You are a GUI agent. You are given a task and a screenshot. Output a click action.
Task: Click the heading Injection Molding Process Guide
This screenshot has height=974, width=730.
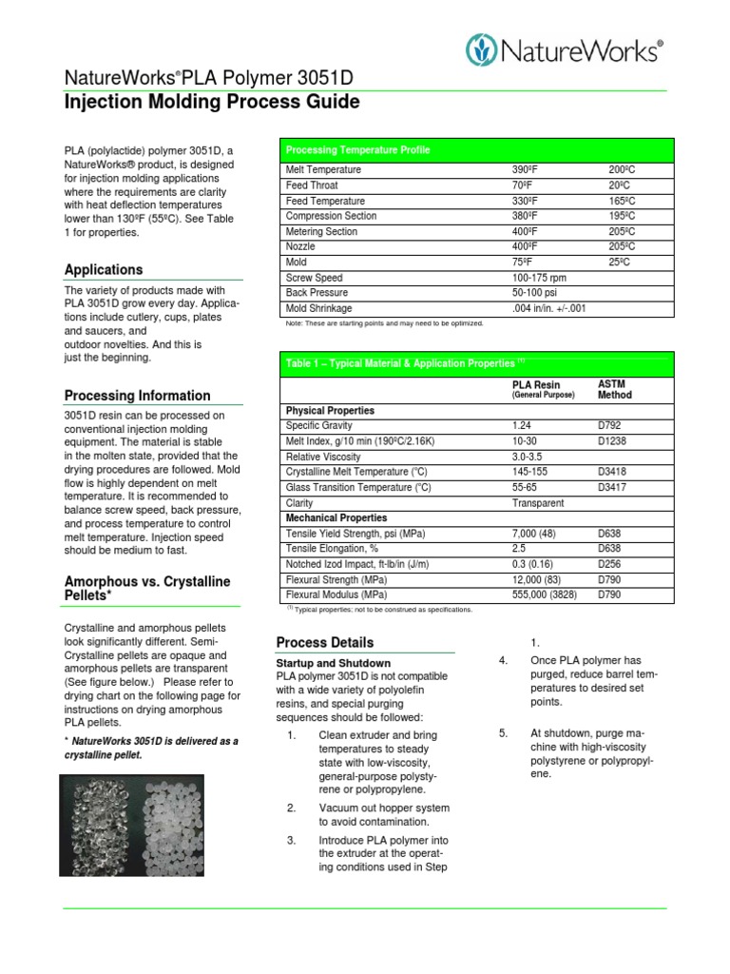click(211, 102)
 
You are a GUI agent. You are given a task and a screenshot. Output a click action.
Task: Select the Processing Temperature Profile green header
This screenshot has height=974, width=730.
click(357, 150)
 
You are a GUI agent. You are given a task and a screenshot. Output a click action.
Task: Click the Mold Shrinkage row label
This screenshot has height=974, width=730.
click(318, 308)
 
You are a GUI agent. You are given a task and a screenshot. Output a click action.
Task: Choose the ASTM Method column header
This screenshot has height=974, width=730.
click(615, 389)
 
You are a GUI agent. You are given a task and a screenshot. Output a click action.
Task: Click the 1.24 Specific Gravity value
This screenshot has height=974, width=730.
click(522, 426)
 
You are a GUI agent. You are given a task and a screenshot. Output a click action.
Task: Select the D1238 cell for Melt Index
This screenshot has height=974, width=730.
click(612, 441)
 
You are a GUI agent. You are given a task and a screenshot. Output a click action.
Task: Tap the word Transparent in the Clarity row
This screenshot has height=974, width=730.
click(537, 503)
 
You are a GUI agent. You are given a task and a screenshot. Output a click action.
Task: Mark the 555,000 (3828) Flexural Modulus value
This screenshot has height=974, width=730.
click(545, 594)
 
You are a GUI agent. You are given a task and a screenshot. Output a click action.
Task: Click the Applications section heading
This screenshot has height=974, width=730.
click(103, 269)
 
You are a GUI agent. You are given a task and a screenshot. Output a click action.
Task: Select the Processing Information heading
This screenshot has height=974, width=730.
click(137, 396)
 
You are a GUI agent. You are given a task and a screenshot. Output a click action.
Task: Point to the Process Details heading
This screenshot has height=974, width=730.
click(324, 642)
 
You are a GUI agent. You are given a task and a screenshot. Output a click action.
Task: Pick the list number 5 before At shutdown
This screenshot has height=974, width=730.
click(504, 732)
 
